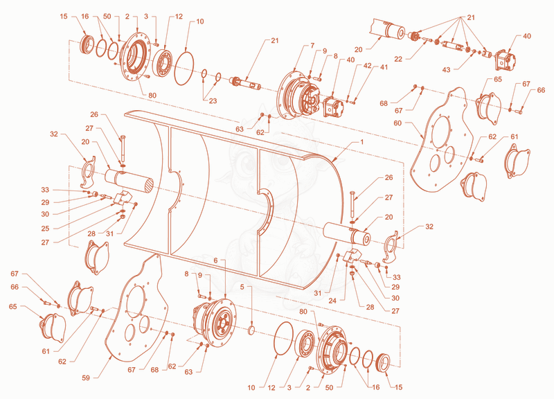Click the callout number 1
(x=361, y=142)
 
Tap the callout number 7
(x=312, y=45)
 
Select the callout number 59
(x=86, y=378)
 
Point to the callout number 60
(x=397, y=123)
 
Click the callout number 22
(x=398, y=59)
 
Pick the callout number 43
(x=446, y=70)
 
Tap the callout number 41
(x=384, y=66)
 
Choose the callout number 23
(x=213, y=101)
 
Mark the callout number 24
(x=332, y=301)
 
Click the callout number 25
(x=45, y=229)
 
